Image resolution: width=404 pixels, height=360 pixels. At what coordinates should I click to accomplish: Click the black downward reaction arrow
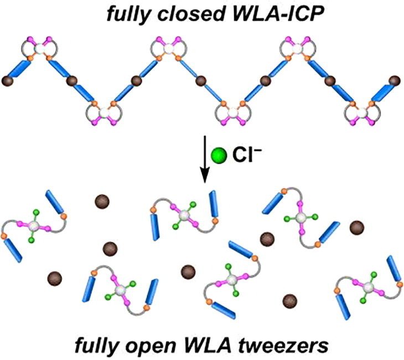tap(205, 159)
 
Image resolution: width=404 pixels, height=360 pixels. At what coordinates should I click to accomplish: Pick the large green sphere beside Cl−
tap(219, 155)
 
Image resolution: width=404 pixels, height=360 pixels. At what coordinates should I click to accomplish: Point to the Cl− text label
tap(247, 155)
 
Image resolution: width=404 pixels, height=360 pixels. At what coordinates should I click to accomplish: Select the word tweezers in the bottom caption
tap(283, 345)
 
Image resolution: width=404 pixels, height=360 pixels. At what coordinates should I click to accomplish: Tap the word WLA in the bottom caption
tap(206, 345)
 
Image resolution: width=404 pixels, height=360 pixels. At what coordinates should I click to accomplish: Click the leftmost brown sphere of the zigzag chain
tap(7, 81)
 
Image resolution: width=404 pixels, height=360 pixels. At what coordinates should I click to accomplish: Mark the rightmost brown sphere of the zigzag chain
tap(395, 81)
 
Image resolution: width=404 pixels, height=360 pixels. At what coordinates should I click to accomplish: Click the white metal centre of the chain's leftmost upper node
tap(39, 49)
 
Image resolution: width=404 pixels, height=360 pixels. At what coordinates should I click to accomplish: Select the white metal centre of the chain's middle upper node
tap(169, 49)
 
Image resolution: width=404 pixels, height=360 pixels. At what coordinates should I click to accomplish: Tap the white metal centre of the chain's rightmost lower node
tap(363, 113)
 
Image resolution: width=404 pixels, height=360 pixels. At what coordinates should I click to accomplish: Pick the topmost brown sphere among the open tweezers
tap(102, 202)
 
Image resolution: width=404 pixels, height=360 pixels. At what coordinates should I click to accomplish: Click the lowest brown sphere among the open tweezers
tap(290, 301)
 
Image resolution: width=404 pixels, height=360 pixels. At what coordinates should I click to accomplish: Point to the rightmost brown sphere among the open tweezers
tap(357, 228)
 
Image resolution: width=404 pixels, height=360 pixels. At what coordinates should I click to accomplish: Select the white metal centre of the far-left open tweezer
tap(34, 226)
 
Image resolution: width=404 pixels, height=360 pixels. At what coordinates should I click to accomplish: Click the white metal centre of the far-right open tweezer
tap(369, 287)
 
